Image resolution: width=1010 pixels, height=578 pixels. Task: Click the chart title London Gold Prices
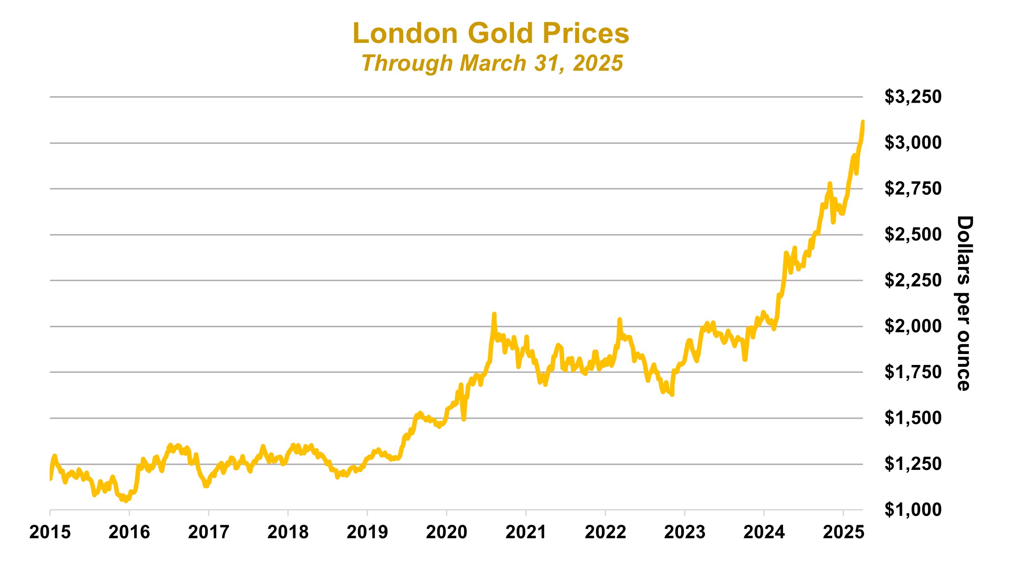click(491, 34)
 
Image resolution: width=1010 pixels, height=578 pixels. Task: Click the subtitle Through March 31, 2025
click(492, 63)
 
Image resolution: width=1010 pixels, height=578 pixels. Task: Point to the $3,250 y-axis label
click(912, 97)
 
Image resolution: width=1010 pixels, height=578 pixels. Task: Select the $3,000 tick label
click(912, 143)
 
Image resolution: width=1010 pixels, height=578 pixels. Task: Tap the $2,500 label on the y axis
click(912, 234)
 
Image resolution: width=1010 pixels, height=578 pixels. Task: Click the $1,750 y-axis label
click(912, 372)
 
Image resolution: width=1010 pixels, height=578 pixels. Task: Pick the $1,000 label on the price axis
click(912, 510)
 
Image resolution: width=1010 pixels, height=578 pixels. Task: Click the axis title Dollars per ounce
click(964, 303)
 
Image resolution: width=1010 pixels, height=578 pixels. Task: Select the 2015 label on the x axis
click(50, 532)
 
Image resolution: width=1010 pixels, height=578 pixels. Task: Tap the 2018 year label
click(288, 532)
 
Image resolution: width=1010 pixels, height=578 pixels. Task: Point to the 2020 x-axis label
click(446, 532)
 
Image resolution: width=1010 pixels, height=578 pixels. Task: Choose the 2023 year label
click(684, 532)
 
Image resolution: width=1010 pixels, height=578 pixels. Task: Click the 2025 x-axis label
click(843, 532)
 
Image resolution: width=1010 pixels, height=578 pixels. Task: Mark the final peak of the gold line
click(863, 122)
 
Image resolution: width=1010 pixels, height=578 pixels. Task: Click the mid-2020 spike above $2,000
click(494, 314)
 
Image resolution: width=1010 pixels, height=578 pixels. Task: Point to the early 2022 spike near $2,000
click(619, 319)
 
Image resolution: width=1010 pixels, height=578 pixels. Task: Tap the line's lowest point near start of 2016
click(126, 501)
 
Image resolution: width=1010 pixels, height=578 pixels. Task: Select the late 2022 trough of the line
click(672, 395)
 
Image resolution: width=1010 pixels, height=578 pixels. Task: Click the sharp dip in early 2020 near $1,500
click(464, 419)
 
